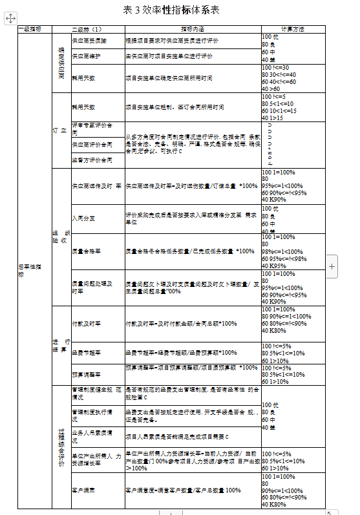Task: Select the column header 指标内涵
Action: click(x=191, y=29)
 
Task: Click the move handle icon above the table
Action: click(x=10, y=20)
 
